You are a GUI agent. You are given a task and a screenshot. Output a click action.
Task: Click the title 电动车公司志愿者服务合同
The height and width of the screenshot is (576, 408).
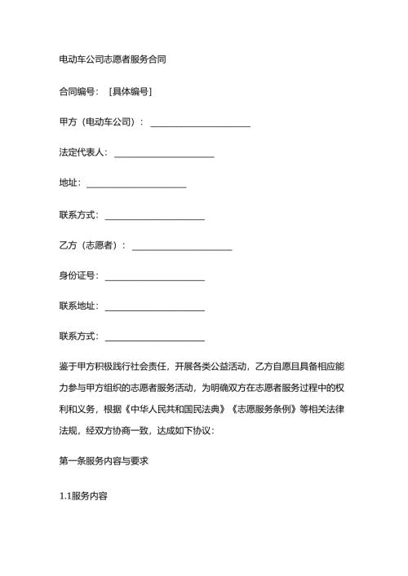click(x=113, y=59)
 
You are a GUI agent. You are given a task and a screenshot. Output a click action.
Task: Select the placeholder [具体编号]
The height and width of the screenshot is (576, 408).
click(x=130, y=91)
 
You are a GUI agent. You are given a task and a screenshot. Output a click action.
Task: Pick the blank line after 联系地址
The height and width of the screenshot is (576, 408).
click(x=155, y=308)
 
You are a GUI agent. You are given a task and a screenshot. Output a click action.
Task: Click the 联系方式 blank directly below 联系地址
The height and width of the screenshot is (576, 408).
click(x=155, y=338)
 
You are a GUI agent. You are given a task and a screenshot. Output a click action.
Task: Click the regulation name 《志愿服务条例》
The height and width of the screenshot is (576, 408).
click(x=264, y=408)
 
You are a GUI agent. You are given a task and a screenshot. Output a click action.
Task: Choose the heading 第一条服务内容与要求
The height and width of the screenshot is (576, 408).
click(x=103, y=461)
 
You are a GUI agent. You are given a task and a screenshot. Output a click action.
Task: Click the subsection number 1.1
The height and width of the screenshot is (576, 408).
click(x=67, y=496)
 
